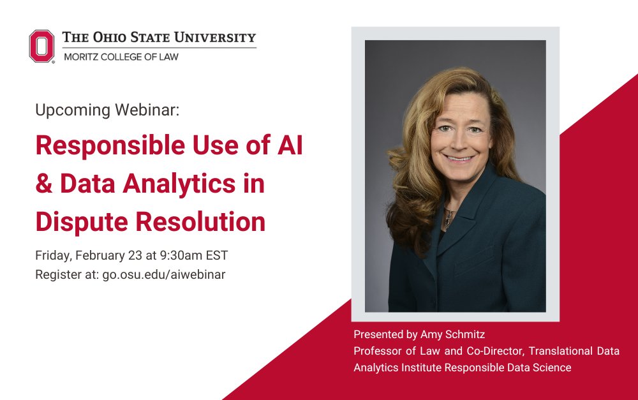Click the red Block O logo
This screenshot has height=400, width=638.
click(x=41, y=46)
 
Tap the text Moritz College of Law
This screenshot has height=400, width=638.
click(x=121, y=57)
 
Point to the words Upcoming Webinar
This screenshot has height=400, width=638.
click(x=107, y=110)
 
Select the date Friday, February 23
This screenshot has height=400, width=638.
click(x=88, y=256)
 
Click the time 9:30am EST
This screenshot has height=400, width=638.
click(x=193, y=256)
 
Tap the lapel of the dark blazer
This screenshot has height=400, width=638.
click(x=469, y=211)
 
